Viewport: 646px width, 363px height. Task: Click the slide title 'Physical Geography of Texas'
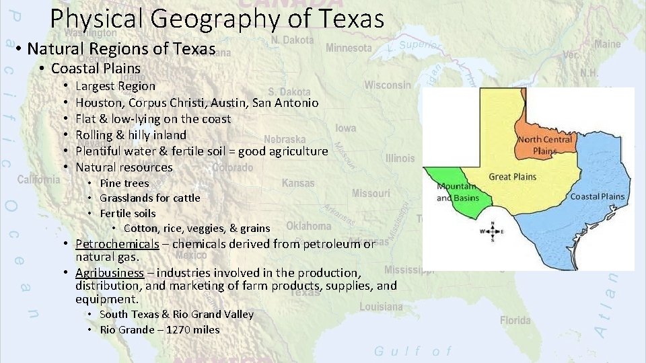[x=217, y=18]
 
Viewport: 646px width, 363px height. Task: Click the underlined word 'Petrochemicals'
[x=117, y=244]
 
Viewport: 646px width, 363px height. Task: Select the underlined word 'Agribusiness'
[x=110, y=273]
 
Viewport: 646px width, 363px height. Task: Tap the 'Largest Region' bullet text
[x=115, y=86]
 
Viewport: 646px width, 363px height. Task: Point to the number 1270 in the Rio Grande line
[x=180, y=329]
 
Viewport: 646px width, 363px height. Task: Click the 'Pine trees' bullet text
[x=124, y=183]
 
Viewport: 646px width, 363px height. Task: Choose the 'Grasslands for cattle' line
[x=149, y=198]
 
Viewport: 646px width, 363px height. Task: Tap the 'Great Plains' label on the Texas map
[x=512, y=177]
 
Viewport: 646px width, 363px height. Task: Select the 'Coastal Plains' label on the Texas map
[x=597, y=197]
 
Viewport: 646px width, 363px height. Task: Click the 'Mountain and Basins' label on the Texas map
[x=457, y=192]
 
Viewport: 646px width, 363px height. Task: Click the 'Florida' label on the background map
[x=515, y=320]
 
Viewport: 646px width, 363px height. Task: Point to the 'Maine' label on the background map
[x=607, y=44]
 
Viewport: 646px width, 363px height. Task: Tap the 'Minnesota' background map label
[x=348, y=48]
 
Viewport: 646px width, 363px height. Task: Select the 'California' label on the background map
[x=38, y=179]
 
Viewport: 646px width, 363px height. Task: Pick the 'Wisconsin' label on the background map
[x=388, y=85]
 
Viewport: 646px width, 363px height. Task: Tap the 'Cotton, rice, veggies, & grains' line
[x=196, y=229]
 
